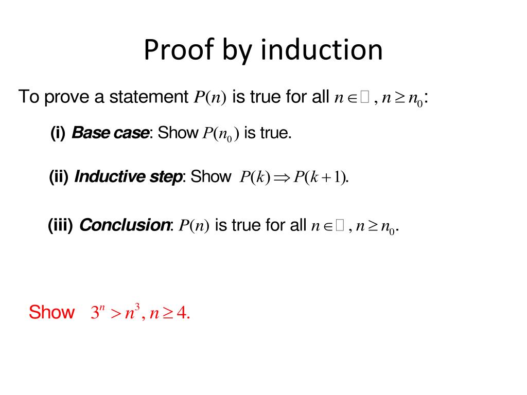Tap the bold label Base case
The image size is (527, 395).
[110, 133]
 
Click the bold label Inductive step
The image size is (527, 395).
[128, 177]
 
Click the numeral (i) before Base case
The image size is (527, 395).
[58, 133]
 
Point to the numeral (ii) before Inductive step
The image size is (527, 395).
[59, 177]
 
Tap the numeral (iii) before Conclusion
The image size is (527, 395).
[61, 225]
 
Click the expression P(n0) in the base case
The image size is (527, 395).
[221, 134]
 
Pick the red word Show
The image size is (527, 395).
[51, 312]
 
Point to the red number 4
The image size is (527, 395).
[181, 313]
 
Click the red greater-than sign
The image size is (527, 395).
[116, 313]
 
